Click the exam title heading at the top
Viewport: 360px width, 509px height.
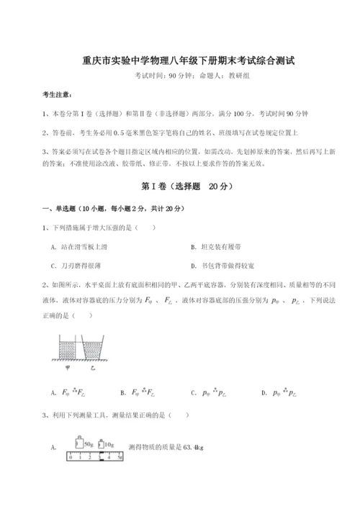pos(179,62)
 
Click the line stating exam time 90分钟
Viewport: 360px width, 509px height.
pos(179,76)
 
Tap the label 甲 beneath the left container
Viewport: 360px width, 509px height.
pos(67,366)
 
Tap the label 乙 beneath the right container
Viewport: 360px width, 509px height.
pos(91,366)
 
